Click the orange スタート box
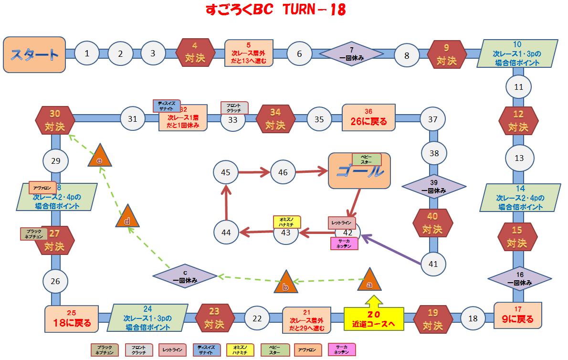pos(34,54)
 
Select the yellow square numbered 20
pos(374,319)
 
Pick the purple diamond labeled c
pos(185,277)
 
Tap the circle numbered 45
pos(226,172)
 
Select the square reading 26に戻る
pos(368,118)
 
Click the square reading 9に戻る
pos(518,315)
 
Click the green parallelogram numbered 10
pos(517,53)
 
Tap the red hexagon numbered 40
pos(432,223)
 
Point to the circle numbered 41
pos(433,264)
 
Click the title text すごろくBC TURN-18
pos(275,10)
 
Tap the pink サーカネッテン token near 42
pos(344,244)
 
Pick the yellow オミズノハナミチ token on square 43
pos(286,222)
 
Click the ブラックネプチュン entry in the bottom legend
pos(104,350)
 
